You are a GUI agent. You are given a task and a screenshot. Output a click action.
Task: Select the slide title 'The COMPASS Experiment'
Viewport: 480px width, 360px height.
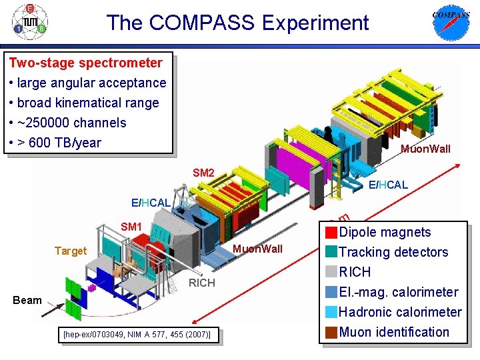(x=237, y=23)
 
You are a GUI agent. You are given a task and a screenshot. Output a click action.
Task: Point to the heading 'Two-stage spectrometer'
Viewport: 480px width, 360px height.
(x=85, y=63)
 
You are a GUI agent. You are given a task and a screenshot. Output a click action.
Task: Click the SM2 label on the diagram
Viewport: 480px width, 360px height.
(x=203, y=173)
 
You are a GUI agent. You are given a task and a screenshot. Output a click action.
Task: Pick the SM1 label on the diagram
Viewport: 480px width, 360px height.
(x=131, y=227)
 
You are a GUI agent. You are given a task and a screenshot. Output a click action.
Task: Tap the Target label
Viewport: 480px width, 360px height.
(x=71, y=251)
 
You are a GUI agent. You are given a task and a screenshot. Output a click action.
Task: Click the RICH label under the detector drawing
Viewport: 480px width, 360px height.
(x=202, y=283)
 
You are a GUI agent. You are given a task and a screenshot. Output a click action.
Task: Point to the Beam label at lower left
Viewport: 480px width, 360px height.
(x=27, y=300)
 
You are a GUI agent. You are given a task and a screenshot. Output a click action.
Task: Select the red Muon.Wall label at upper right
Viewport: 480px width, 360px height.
(x=425, y=149)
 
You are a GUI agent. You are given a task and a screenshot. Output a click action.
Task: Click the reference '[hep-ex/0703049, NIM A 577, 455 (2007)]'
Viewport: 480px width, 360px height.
(x=137, y=335)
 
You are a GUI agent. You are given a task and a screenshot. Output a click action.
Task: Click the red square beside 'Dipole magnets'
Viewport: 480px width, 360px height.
(x=331, y=233)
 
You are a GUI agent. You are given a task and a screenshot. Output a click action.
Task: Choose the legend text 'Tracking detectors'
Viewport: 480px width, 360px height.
(x=393, y=252)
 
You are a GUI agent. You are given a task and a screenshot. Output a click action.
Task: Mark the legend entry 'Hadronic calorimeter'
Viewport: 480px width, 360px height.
(x=400, y=312)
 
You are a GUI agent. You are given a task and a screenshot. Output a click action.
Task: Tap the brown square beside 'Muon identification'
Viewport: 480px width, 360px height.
(x=331, y=332)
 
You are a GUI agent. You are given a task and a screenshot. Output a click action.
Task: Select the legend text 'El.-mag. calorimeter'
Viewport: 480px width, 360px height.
(x=399, y=292)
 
